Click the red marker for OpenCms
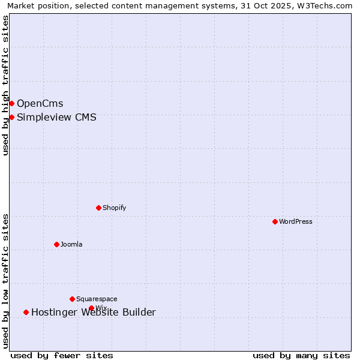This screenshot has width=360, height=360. [11, 104]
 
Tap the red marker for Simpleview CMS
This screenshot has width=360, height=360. [11, 117]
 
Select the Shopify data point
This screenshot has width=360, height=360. [98, 208]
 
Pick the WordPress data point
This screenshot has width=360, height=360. [275, 221]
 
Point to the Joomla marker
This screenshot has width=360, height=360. [56, 244]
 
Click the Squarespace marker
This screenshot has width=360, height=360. [72, 299]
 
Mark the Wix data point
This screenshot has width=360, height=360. [91, 308]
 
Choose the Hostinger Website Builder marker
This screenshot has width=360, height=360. [26, 312]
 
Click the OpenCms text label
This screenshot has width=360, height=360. [40, 104]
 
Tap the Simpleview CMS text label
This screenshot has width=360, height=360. [56, 117]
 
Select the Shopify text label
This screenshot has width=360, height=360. [114, 208]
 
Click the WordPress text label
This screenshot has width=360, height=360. [296, 221]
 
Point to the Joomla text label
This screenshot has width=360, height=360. [71, 244]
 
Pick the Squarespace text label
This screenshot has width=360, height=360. [97, 299]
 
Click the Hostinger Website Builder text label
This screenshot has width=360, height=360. [94, 312]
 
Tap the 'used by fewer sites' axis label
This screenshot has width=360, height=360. [62, 356]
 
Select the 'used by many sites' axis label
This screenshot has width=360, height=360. [301, 356]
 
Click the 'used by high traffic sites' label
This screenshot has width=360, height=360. [5, 85]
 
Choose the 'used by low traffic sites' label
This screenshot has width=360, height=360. [5, 281]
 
